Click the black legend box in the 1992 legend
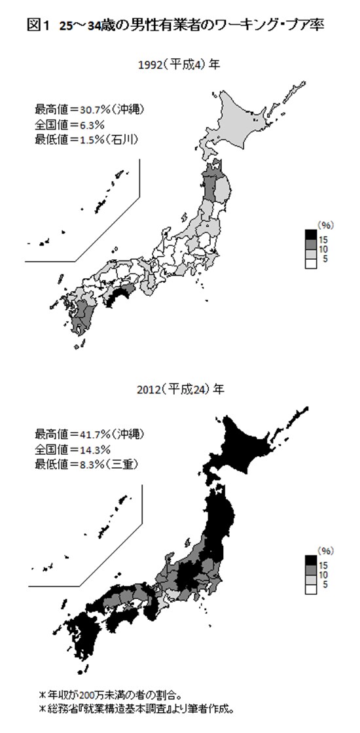311,236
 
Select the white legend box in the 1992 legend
311,262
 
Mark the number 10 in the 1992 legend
325,250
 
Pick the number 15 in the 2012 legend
325,562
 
